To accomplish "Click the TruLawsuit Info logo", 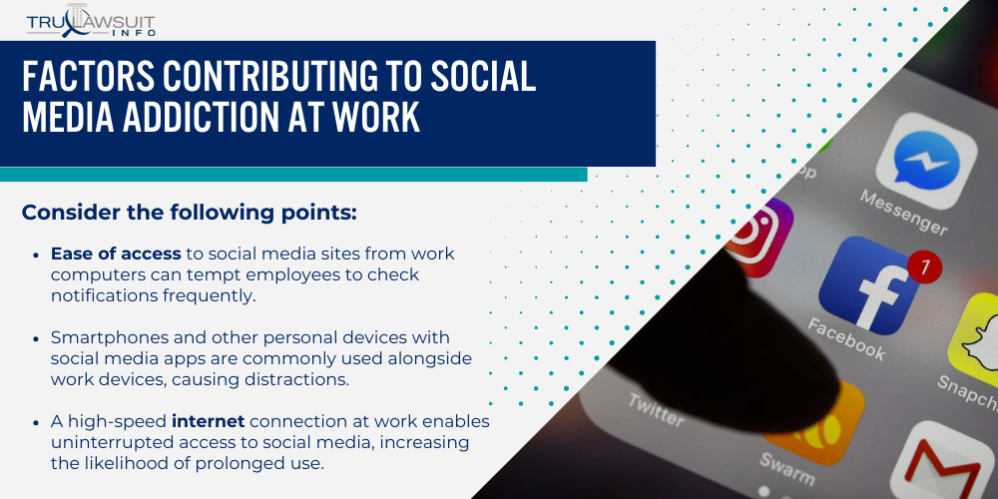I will [x=91, y=23].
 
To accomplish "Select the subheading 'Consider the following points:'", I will [x=189, y=213].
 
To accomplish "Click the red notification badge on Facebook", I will [x=925, y=266].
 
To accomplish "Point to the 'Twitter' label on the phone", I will [x=654, y=409].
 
